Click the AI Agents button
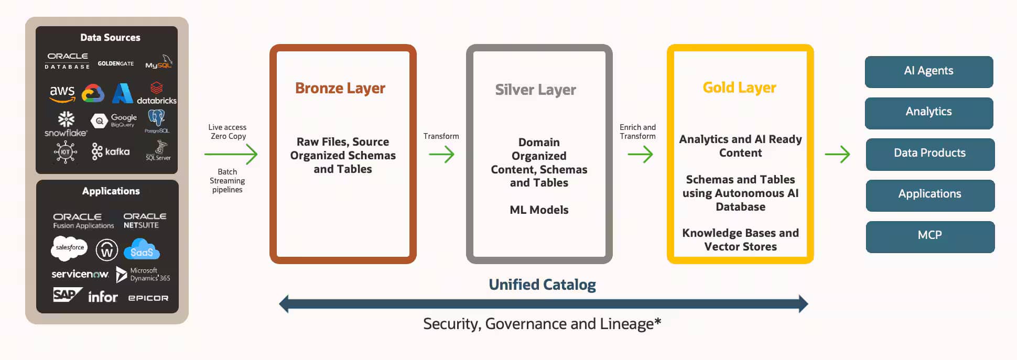pyautogui.click(x=928, y=71)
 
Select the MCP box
pyautogui.click(x=929, y=236)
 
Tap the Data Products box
pyautogui.click(x=929, y=154)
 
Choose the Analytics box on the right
pyautogui.click(x=928, y=112)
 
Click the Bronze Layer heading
pyautogui.click(x=340, y=88)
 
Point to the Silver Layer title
pyautogui.click(x=535, y=90)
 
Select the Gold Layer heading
pyautogui.click(x=739, y=88)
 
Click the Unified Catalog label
pyautogui.click(x=542, y=285)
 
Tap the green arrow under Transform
pyautogui.click(x=441, y=154)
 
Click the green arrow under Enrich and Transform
pyautogui.click(x=640, y=154)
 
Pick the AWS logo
pyautogui.click(x=62, y=94)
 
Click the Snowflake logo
pyautogui.click(x=66, y=124)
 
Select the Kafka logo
pyautogui.click(x=111, y=151)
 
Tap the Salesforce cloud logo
pyautogui.click(x=69, y=247)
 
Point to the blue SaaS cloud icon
pyautogui.click(x=142, y=249)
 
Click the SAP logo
pyautogui.click(x=67, y=295)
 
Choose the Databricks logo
pyautogui.click(x=156, y=93)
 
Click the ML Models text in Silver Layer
pyautogui.click(x=539, y=210)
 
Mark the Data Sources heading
pyautogui.click(x=110, y=38)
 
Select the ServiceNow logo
pyautogui.click(x=80, y=274)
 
